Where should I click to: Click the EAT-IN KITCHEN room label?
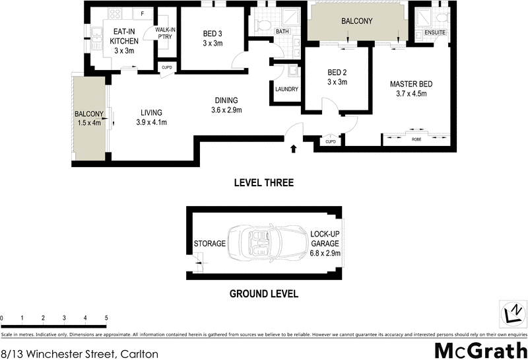(124, 36)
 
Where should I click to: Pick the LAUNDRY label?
(286, 89)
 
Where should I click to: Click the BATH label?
(282, 32)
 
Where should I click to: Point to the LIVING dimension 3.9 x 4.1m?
(151, 122)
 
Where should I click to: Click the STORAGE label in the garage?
(210, 244)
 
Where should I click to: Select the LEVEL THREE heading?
(264, 183)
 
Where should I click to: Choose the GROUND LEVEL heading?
(264, 294)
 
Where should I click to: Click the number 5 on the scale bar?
(106, 318)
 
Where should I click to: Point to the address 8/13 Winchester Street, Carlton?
(79, 353)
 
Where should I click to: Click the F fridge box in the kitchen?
(143, 13)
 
